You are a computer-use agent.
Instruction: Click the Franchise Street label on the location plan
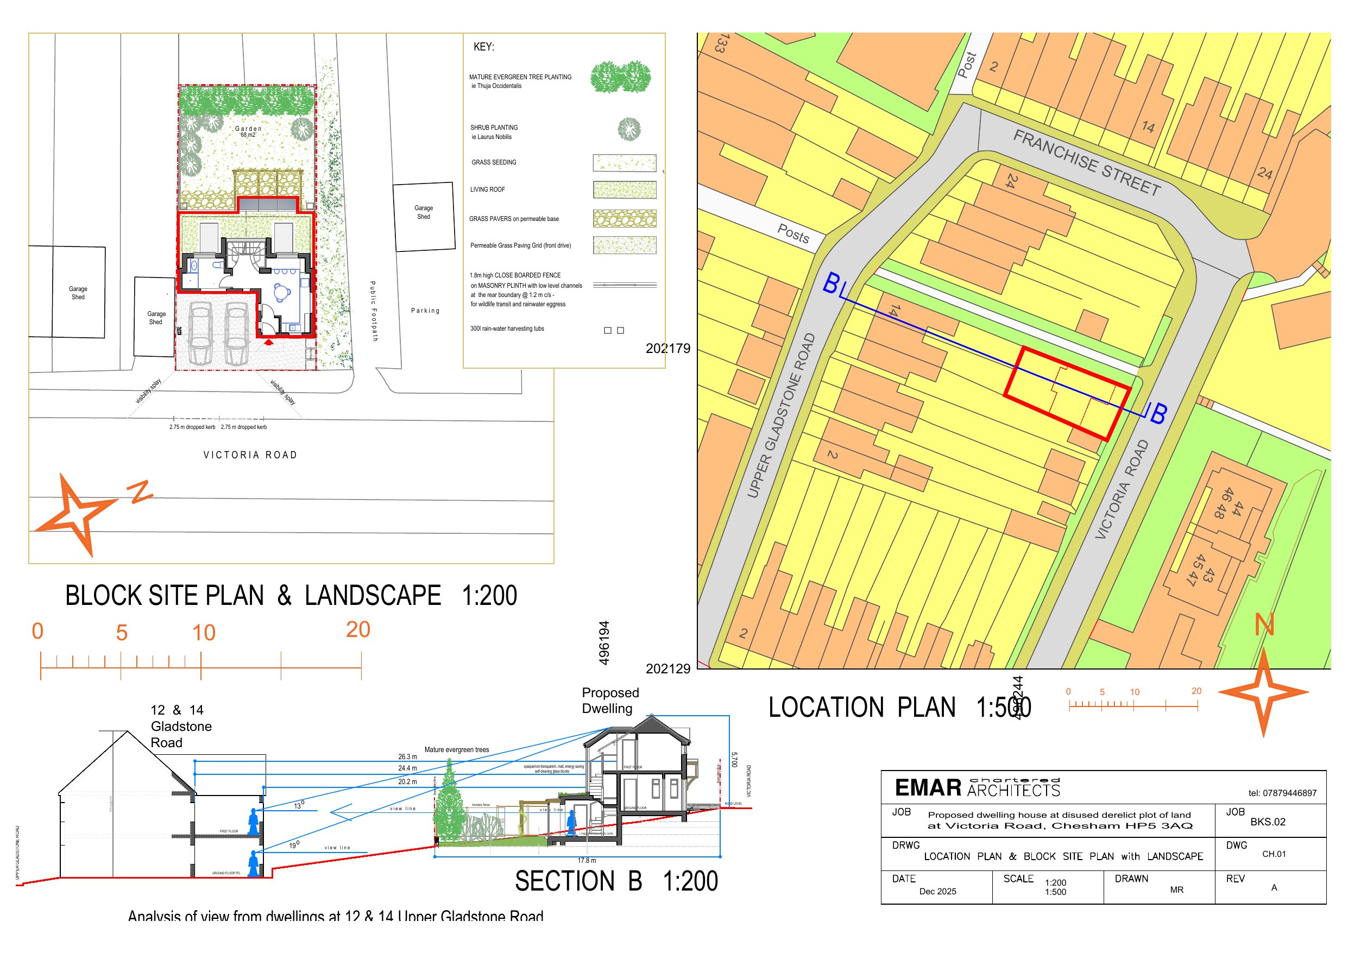click(x=1087, y=163)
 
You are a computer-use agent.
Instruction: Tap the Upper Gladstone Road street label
click(x=781, y=415)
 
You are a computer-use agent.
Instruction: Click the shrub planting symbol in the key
click(x=629, y=129)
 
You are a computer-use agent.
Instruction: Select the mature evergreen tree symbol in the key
click(x=621, y=77)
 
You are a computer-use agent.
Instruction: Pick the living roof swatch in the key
click(x=624, y=190)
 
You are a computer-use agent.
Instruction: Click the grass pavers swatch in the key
click(x=624, y=218)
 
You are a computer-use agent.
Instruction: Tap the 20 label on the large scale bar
click(x=358, y=629)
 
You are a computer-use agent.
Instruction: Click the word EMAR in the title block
click(x=928, y=788)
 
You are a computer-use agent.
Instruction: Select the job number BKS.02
click(x=1268, y=822)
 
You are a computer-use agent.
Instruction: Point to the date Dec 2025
click(x=937, y=891)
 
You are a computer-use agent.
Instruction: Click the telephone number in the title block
click(x=1282, y=793)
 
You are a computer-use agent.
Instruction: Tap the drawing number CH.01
click(x=1274, y=854)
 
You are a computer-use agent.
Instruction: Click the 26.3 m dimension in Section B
click(x=407, y=757)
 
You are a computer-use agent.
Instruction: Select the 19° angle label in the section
click(x=294, y=845)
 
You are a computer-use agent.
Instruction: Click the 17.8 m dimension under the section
click(x=587, y=860)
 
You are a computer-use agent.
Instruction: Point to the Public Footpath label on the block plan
click(x=374, y=311)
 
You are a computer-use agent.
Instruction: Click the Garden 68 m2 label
click(x=248, y=131)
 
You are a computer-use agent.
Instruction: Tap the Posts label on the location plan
click(x=793, y=233)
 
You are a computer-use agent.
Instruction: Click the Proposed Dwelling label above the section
click(x=610, y=700)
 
